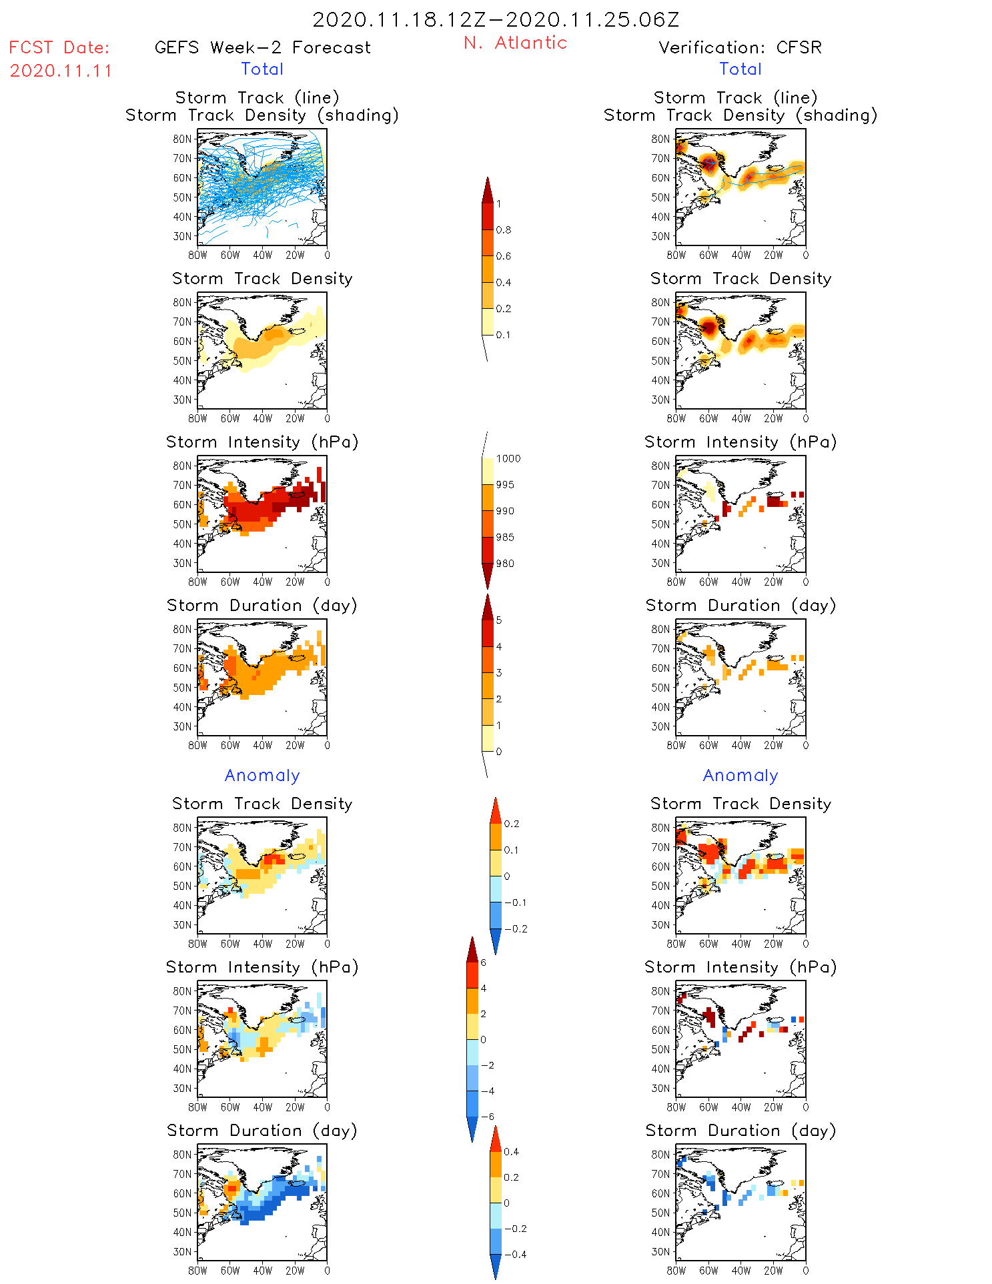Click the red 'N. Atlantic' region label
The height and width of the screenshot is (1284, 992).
coord(515,43)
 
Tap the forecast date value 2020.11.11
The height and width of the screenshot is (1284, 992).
coord(61,71)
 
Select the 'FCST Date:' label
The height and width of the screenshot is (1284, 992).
coord(59,47)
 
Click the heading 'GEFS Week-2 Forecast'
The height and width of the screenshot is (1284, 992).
coord(262,47)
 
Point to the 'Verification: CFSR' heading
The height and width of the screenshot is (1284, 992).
coord(740,47)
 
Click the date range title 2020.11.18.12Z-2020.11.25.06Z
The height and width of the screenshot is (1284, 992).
coord(496,19)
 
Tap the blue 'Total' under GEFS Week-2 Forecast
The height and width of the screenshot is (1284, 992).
coord(262,69)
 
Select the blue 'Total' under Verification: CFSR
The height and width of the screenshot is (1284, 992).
coord(740,69)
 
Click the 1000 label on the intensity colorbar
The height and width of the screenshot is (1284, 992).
coord(508,458)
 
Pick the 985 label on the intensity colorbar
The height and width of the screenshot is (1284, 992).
coord(505,537)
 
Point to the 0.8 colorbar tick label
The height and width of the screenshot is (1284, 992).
coord(504,229)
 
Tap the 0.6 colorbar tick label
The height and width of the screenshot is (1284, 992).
coord(504,256)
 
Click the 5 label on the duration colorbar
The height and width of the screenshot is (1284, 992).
coord(498,620)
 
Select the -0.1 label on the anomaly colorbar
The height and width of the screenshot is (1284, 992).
coord(514,902)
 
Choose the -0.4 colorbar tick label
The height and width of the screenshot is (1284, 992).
coord(514,1254)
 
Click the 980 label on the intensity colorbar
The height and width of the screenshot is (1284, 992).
coord(505,564)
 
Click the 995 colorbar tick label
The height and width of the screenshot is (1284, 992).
coord(505,485)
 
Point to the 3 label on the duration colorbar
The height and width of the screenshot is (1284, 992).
coord(498,672)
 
